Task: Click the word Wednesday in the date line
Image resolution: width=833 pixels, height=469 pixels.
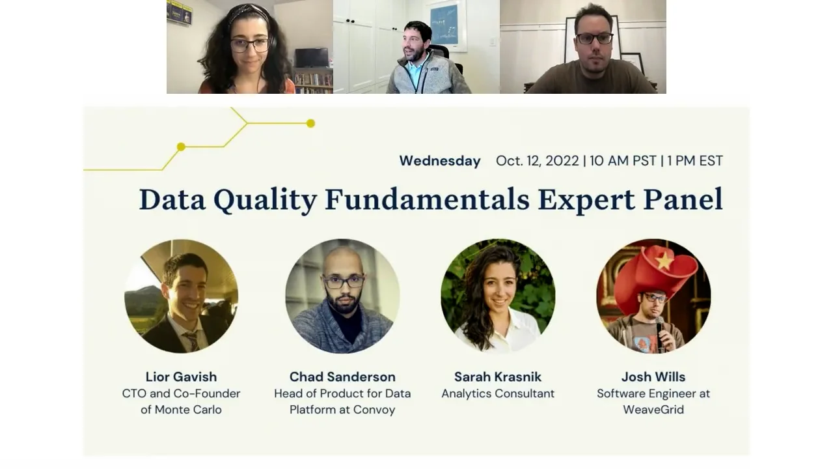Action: click(x=440, y=161)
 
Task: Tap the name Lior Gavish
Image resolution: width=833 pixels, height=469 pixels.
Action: click(x=181, y=377)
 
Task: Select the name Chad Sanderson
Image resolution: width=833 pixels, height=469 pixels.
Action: click(x=342, y=377)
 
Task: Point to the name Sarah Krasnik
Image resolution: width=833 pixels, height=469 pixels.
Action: click(x=498, y=377)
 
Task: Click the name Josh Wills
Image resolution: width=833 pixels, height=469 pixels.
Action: click(x=653, y=377)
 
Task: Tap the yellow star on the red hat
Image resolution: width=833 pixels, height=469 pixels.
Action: click(x=664, y=261)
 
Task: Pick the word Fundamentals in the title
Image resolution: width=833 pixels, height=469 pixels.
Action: click(x=427, y=199)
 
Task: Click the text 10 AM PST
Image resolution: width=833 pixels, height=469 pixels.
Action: click(x=623, y=161)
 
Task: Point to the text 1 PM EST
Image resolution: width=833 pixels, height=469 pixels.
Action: click(x=694, y=161)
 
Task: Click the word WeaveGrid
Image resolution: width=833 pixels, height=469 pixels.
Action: click(x=653, y=410)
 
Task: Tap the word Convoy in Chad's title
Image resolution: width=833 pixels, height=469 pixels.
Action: click(x=374, y=410)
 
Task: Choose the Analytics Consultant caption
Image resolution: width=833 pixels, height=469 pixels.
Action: click(x=498, y=393)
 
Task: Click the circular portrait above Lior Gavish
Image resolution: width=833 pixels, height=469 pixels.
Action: click(x=181, y=296)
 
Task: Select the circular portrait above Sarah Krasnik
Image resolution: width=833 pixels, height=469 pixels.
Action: click(x=498, y=296)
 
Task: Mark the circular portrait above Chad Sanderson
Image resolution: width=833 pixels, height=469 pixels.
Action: click(x=342, y=296)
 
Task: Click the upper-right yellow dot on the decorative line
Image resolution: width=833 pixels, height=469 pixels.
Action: click(x=310, y=123)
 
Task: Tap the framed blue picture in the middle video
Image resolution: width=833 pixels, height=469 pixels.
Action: click(x=444, y=23)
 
